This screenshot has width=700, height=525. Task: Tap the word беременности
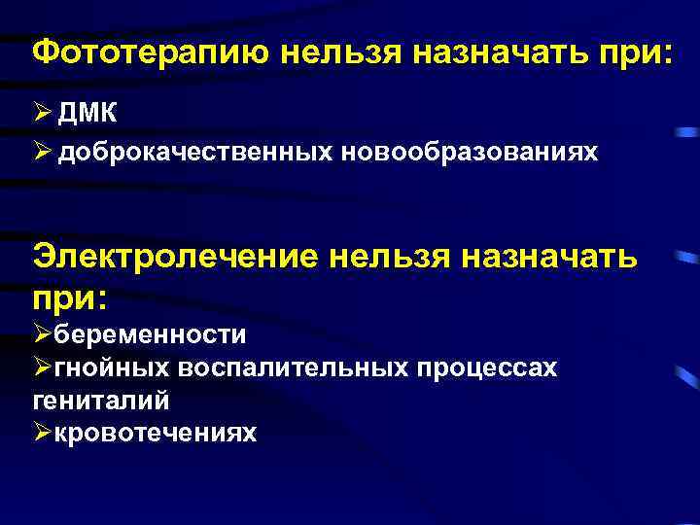(150, 335)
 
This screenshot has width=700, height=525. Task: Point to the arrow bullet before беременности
(42, 335)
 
